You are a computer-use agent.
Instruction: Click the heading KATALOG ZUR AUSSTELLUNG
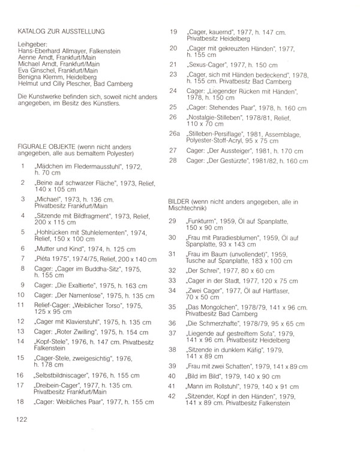pyautogui.click(x=62, y=31)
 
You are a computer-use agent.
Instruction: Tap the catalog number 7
pyautogui.click(x=22, y=258)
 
